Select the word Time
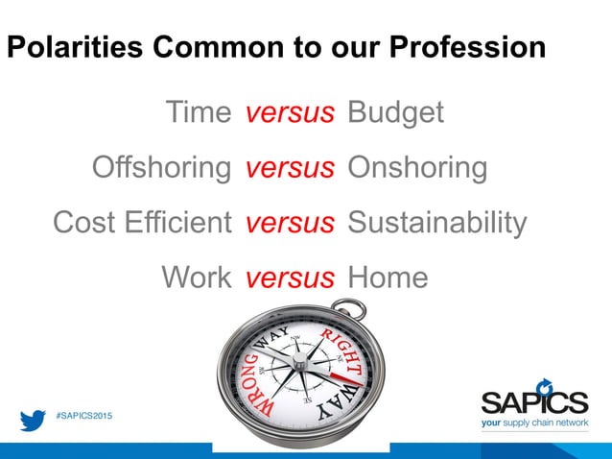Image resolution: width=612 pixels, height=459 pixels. coord(199,113)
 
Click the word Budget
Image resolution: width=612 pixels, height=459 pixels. coord(395,113)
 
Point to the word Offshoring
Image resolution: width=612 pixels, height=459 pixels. coord(161,168)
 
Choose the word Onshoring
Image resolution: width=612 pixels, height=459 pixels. coord(417,168)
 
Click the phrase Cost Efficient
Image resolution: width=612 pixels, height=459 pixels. coord(142,223)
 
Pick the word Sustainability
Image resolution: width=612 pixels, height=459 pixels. coord(436,223)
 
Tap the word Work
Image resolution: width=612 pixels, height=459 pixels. coord(197,278)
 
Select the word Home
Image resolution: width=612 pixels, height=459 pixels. coord(388,278)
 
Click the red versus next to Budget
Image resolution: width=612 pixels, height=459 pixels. coord(290,113)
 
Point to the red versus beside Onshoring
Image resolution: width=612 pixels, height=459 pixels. coord(290,168)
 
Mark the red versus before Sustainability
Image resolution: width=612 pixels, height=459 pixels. coord(290,223)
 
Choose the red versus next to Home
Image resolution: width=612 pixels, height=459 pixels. coord(290,278)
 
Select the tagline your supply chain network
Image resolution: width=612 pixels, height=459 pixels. coord(534,423)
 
